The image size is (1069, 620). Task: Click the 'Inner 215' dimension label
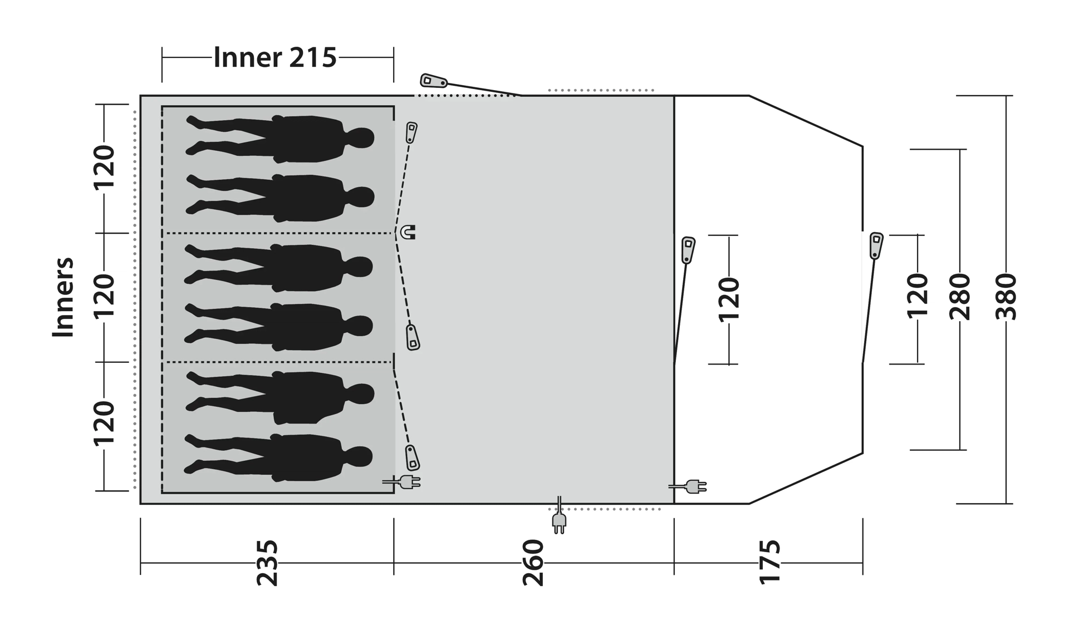[x=275, y=57]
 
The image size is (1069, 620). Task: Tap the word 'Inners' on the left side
[x=63, y=297]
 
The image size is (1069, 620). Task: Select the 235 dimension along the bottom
[x=267, y=562]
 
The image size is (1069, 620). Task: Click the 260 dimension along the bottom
[x=533, y=562]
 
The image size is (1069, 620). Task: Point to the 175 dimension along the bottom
[x=770, y=562]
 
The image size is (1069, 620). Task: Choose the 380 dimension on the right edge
[x=1006, y=297]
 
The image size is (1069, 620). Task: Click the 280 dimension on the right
[x=959, y=297]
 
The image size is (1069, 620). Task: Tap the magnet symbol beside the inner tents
[x=408, y=232]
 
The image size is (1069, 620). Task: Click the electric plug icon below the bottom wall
[x=559, y=521]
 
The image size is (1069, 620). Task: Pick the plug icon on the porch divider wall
[x=693, y=486]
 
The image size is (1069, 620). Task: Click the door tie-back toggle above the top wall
[x=433, y=81]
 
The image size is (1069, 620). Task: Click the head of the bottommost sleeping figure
[x=361, y=456]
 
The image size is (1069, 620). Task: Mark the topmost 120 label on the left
[x=104, y=168]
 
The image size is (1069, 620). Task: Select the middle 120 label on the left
[x=104, y=297]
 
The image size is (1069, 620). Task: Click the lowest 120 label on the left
[x=104, y=424]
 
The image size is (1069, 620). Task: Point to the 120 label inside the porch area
[x=728, y=299]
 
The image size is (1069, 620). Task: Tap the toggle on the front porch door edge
[x=876, y=245]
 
